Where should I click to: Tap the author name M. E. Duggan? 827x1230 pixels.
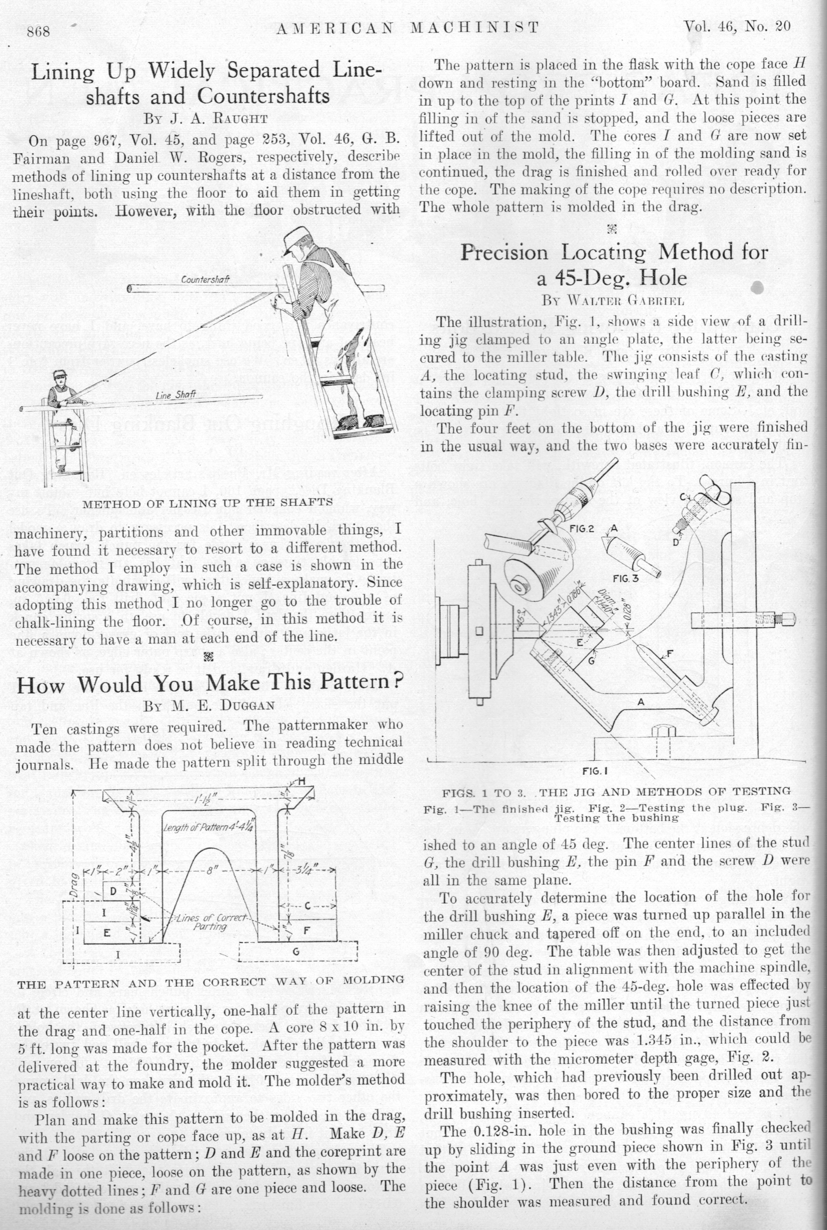(209, 705)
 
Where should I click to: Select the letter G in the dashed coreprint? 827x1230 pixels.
(296, 951)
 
